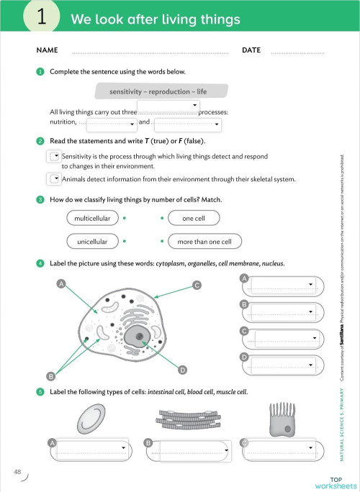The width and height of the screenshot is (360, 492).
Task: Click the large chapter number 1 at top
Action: tap(42, 18)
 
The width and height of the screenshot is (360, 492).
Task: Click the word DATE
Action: tap(251, 50)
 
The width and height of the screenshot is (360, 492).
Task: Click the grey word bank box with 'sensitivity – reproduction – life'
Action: tap(161, 91)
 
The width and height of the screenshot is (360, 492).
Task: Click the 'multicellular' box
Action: tap(91, 217)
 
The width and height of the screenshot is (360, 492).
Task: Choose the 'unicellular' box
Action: tap(92, 242)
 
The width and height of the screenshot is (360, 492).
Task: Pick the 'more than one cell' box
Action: tap(204, 242)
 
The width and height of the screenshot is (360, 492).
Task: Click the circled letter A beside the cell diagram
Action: tap(63, 285)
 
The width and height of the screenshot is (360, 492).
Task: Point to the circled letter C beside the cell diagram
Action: tap(196, 286)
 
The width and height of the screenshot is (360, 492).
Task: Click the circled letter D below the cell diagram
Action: tap(183, 370)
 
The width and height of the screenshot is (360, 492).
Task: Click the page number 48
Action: tap(17, 471)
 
